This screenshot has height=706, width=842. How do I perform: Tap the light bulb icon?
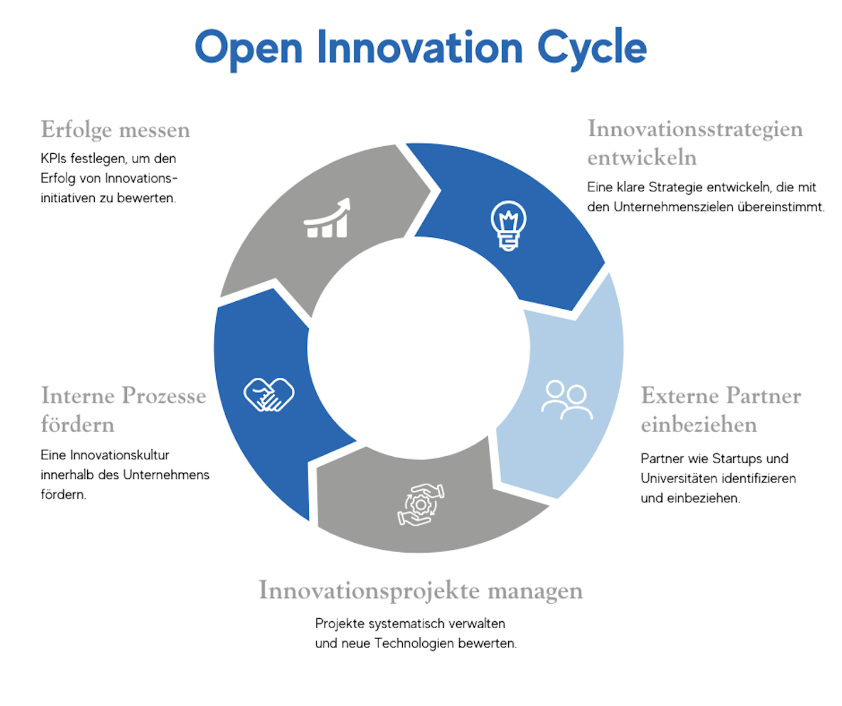tap(508, 226)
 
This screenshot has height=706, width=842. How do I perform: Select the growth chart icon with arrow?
tap(327, 218)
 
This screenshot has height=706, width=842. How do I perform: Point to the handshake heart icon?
tap(269, 395)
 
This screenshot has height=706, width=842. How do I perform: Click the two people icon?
tap(567, 400)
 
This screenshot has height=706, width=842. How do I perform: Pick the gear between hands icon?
tap(420, 504)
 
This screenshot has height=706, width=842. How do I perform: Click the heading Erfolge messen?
tap(115, 129)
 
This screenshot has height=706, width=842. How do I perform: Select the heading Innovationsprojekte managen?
tap(420, 591)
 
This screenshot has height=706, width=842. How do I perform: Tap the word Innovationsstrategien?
tap(695, 129)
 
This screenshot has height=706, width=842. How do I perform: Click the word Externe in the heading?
tap(680, 395)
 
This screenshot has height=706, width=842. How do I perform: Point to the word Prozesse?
tap(164, 395)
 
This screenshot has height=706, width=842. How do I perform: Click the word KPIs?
tap(53, 159)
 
